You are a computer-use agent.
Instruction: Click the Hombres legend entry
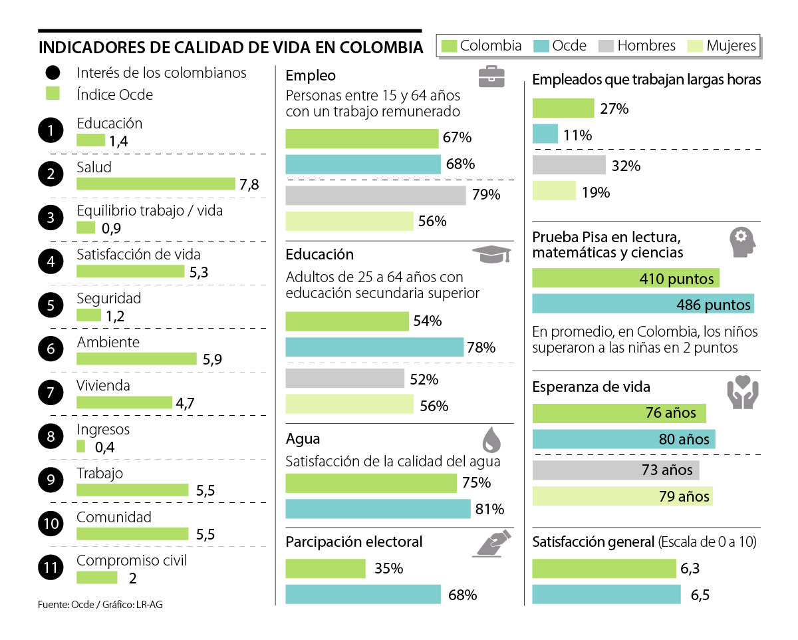[638, 46]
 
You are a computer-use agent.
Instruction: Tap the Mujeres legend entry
[724, 46]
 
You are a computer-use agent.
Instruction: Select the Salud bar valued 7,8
[156, 184]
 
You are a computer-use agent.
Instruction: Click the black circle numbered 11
[51, 567]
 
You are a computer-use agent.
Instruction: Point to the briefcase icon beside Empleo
[491, 77]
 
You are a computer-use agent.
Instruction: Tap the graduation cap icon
[491, 254]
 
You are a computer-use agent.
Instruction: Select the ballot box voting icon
[491, 542]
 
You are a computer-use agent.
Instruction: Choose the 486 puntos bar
[643, 304]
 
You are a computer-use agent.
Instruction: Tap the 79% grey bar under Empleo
[376, 196]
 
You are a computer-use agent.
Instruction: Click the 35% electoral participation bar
[325, 569]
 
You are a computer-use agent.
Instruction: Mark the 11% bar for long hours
[545, 134]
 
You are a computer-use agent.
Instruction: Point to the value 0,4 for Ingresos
[105, 447]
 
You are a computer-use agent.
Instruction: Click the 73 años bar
[616, 470]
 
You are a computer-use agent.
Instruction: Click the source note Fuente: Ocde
[100, 605]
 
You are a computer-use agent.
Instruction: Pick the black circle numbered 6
[51, 349]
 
